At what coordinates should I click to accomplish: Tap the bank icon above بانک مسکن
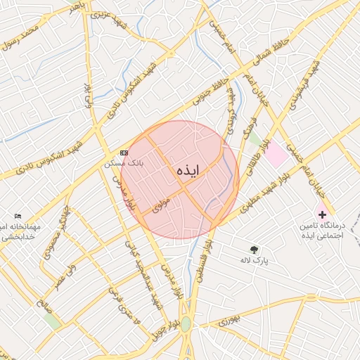pos(124,153)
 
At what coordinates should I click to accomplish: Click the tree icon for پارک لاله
pos(254,249)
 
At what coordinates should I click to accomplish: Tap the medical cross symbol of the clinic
pos(323,212)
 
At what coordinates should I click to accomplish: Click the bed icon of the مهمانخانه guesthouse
pos(18,216)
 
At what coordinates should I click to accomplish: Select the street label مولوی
pos(162,203)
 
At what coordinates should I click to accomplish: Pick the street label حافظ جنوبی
pos(212,92)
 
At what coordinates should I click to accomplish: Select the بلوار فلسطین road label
pos(203,264)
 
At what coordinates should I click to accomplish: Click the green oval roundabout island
pos(186,325)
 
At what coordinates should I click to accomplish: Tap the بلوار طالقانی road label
pos(257,157)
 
